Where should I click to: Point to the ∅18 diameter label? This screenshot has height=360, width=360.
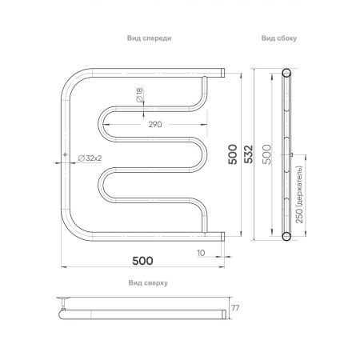coord(140,95)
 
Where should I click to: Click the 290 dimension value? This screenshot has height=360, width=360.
coord(155,126)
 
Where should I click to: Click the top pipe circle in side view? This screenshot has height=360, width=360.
coord(286,75)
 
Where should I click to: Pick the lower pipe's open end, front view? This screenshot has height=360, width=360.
coord(222,235)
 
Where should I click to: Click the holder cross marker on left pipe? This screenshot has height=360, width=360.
coord(63,156)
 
